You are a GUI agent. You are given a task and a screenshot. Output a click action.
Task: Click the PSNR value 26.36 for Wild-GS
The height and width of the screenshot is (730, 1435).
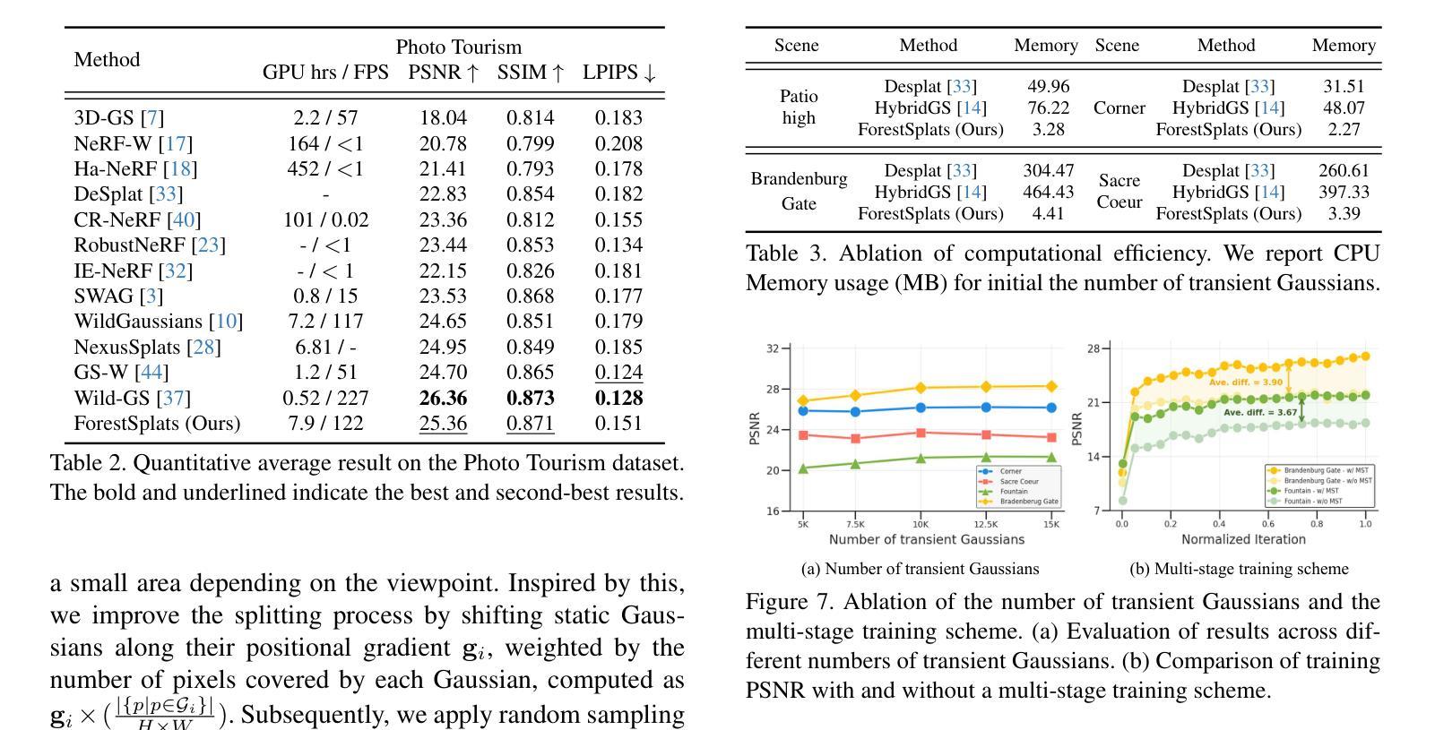click(443, 398)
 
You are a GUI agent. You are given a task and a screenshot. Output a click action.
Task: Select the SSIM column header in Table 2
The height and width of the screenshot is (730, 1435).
click(531, 73)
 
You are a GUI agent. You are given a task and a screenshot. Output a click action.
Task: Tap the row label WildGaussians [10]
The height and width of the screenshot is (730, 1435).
click(159, 321)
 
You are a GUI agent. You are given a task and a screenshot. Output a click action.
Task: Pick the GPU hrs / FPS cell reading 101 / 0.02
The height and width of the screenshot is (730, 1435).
click(326, 219)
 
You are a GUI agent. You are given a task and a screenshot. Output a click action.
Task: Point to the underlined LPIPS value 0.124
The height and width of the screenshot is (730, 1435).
click(618, 372)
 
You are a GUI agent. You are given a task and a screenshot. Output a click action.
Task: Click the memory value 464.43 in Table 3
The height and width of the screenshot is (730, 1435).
click(1048, 192)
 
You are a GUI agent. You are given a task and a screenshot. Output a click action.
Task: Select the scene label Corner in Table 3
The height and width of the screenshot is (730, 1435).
click(1119, 107)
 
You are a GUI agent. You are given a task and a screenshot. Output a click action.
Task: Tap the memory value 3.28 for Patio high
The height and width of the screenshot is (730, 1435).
click(1048, 129)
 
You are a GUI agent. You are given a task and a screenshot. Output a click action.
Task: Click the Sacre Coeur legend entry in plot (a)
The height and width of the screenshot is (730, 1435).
click(1018, 482)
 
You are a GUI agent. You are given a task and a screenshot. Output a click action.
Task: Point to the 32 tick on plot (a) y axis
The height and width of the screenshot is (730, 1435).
click(773, 348)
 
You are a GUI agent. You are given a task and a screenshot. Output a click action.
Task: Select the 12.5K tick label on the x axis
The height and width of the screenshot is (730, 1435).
click(986, 525)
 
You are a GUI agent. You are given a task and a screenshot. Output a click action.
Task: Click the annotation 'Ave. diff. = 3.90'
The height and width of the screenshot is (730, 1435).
click(1245, 382)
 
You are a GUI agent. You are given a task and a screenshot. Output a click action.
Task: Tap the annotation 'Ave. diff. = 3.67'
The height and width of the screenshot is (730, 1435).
click(1260, 412)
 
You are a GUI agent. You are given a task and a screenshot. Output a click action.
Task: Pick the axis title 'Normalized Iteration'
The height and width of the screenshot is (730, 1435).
click(1243, 539)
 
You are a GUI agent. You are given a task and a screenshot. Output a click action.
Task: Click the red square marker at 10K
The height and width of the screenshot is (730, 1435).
click(921, 434)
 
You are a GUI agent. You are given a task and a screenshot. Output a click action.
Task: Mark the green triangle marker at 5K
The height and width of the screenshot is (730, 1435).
click(803, 468)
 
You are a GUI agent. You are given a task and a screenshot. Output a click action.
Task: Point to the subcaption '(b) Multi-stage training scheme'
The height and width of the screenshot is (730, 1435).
click(1239, 569)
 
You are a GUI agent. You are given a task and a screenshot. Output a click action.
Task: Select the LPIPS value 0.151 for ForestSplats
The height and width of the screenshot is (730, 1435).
click(618, 424)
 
